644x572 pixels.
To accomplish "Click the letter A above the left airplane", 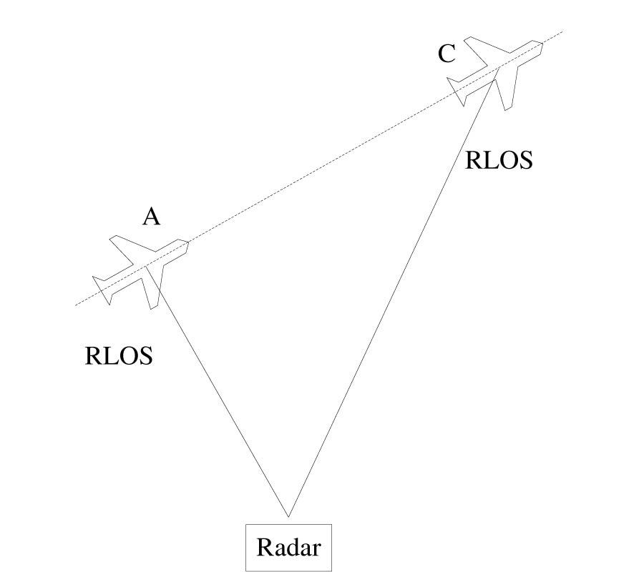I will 151,216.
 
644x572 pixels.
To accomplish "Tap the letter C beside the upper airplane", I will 447,54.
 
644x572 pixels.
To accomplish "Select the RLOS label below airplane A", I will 119,355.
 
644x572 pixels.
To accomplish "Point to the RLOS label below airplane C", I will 499,160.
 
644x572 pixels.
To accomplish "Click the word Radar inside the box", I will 288,548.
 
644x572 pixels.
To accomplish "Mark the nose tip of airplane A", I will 189,243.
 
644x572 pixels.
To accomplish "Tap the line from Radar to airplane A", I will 222,400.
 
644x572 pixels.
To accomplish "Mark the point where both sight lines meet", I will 288,516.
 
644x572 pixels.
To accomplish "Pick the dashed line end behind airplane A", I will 77,305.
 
